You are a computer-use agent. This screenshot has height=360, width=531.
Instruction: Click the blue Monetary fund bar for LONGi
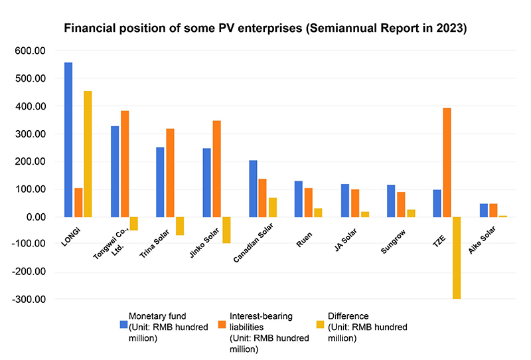tap(68, 139)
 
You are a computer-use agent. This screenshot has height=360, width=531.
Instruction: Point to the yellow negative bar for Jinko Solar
tap(226, 230)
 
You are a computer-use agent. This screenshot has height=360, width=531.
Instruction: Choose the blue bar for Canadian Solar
tap(253, 189)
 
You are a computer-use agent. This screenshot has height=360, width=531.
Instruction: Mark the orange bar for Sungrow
tap(401, 205)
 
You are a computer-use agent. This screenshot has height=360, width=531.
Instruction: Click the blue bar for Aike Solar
tap(483, 211)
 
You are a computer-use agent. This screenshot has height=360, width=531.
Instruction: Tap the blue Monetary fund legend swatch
tap(124, 325)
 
